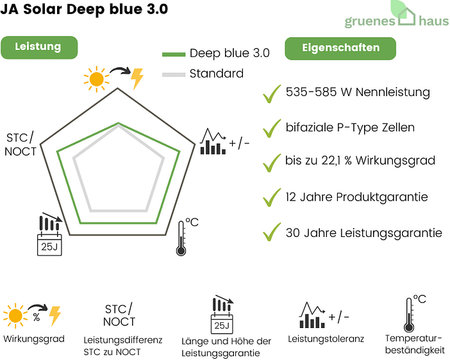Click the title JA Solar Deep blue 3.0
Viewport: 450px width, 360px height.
pyautogui.click(x=85, y=10)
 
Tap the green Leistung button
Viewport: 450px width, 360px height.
pyautogui.click(x=38, y=47)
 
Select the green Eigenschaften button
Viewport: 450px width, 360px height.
pyautogui.click(x=340, y=48)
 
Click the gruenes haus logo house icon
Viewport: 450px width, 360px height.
pyautogui.click(x=408, y=16)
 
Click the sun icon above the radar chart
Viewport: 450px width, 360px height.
pyautogui.click(x=96, y=79)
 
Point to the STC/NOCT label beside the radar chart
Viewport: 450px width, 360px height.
pyautogui.click(x=21, y=145)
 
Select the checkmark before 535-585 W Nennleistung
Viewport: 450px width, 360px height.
pyautogui.click(x=272, y=94)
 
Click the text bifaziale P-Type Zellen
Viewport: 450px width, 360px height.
pyautogui.click(x=350, y=127)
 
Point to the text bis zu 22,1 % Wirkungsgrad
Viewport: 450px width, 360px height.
pyautogui.click(x=360, y=161)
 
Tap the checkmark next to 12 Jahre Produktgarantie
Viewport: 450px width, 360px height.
pyautogui.click(x=272, y=197)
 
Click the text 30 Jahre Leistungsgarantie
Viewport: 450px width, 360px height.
pyautogui.click(x=363, y=233)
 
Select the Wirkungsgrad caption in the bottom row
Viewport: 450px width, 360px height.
pyautogui.click(x=33, y=339)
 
